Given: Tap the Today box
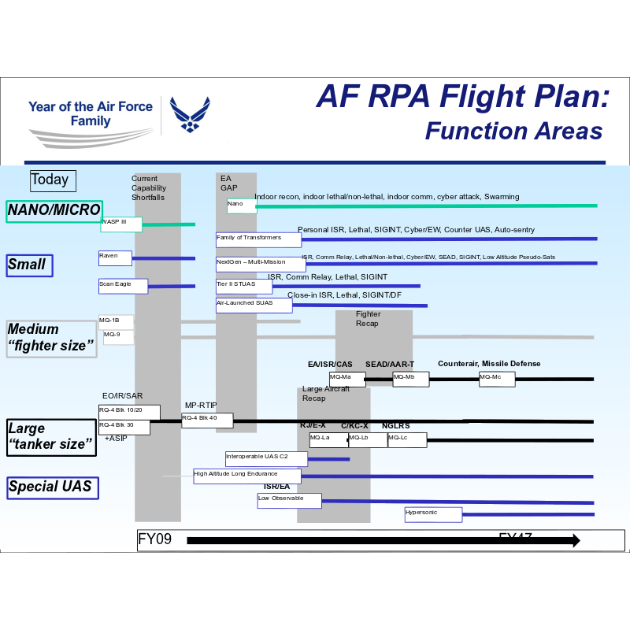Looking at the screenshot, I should pyautogui.click(x=53, y=180).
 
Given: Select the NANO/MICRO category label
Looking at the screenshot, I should pyautogui.click(x=54, y=210).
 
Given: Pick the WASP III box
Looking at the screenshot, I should pyautogui.click(x=120, y=224).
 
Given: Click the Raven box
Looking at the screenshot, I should pyautogui.click(x=115, y=258).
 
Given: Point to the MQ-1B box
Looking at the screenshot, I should pyautogui.click(x=116, y=321).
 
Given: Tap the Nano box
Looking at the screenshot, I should pyautogui.click(x=241, y=206).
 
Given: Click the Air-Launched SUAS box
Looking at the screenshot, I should pyautogui.click(x=254, y=305).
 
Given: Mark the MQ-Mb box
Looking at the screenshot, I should pyautogui.click(x=410, y=379).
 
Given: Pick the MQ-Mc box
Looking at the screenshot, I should pyautogui.click(x=496, y=379).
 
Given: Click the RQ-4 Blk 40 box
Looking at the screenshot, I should pyautogui.click(x=206, y=420).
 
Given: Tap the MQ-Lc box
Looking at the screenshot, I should pyautogui.click(x=406, y=439).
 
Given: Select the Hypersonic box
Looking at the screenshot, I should pyautogui.click(x=432, y=514).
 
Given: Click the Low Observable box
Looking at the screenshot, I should pyautogui.click(x=290, y=500).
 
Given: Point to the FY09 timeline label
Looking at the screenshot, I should pyautogui.click(x=154, y=540).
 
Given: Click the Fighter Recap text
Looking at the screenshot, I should pyautogui.click(x=368, y=319).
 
